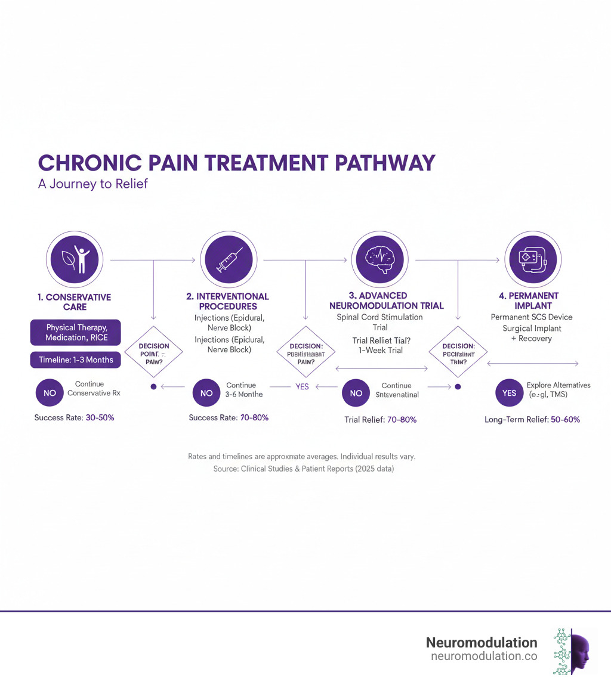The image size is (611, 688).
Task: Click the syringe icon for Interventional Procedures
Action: click(229, 261)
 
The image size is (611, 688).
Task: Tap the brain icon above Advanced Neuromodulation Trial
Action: click(380, 261)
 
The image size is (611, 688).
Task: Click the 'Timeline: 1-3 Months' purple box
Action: click(75, 360)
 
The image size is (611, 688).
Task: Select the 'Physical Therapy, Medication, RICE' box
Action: click(75, 333)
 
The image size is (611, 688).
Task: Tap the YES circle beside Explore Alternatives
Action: click(510, 393)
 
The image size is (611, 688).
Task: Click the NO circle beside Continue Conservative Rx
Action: click(49, 393)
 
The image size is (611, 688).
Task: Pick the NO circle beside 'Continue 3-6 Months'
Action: click(206, 393)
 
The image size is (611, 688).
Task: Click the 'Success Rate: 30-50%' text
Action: click(74, 418)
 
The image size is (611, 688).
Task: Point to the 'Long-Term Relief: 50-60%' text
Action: click(532, 420)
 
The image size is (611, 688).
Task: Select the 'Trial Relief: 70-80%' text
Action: click(380, 420)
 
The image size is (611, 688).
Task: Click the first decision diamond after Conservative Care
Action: click(153, 351)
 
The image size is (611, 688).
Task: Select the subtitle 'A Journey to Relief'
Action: click(92, 184)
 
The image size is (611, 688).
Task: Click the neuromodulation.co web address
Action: click(483, 656)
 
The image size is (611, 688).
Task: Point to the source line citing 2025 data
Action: click(304, 469)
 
